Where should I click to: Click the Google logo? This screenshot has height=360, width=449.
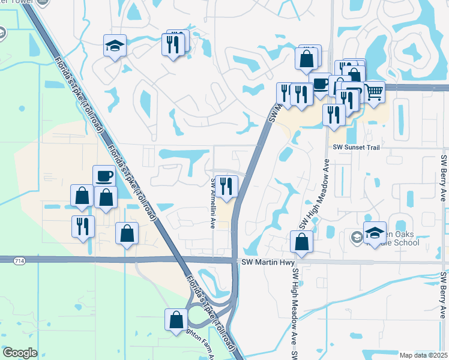(x=20, y=352)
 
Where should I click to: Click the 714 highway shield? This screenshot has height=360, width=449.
(x=6, y=259)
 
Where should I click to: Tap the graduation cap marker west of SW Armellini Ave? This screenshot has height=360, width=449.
(x=113, y=46)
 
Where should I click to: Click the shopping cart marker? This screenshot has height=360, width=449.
(x=374, y=92)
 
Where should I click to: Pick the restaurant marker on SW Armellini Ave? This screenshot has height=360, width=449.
(x=226, y=185)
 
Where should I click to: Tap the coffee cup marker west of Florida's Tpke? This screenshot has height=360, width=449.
(x=104, y=176)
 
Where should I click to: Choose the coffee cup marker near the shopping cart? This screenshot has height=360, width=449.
(x=321, y=84)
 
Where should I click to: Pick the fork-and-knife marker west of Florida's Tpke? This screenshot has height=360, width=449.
(x=82, y=227)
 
